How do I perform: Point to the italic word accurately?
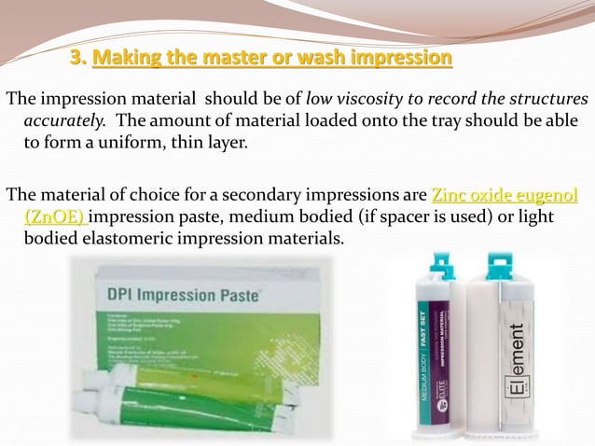coord(62,122)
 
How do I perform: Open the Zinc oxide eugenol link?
coord(505,195)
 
